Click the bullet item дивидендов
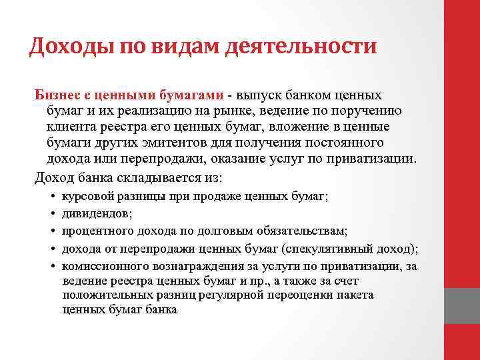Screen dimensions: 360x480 tap(97, 214)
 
